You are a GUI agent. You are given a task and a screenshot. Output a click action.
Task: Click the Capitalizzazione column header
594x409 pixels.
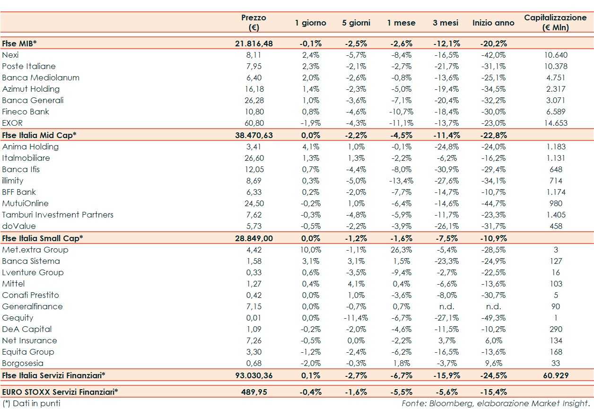point(555,22)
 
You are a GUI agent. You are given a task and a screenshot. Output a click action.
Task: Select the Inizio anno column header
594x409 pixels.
point(493,23)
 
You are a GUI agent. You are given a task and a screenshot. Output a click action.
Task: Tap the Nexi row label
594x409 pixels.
point(10,55)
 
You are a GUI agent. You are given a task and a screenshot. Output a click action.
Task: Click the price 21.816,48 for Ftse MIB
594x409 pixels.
point(253,44)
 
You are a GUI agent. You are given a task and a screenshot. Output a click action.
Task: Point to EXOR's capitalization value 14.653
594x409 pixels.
point(556,123)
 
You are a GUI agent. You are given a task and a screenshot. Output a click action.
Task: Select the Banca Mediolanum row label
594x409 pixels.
point(41,78)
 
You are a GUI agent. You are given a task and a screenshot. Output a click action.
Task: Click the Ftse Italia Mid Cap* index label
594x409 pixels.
point(39,135)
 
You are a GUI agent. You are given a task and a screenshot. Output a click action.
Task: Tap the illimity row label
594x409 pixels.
point(13,181)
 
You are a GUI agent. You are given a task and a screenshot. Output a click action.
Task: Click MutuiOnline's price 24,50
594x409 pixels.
point(253,203)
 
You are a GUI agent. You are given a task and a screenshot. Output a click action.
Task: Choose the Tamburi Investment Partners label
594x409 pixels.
point(58,215)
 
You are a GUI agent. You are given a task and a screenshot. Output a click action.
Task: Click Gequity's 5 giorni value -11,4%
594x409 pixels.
point(356,318)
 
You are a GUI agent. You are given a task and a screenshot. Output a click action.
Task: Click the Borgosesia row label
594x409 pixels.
point(23,363)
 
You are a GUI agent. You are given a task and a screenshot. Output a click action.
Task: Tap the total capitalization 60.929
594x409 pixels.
point(556,375)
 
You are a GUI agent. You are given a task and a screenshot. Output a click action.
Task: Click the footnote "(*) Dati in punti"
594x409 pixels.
point(31,403)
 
